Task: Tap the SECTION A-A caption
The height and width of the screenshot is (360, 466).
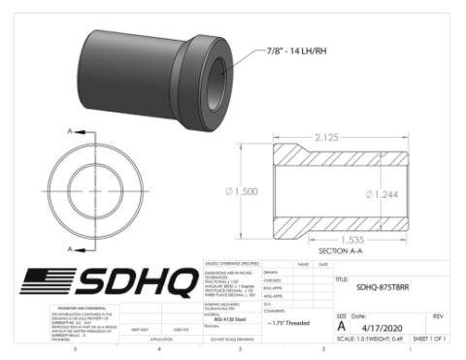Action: click(339, 250)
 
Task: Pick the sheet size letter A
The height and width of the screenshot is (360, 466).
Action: click(342, 327)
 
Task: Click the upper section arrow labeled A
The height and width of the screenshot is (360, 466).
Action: click(70, 130)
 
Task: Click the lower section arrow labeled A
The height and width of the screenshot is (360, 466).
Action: click(70, 248)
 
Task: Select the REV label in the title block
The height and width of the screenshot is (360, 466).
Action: click(438, 316)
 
